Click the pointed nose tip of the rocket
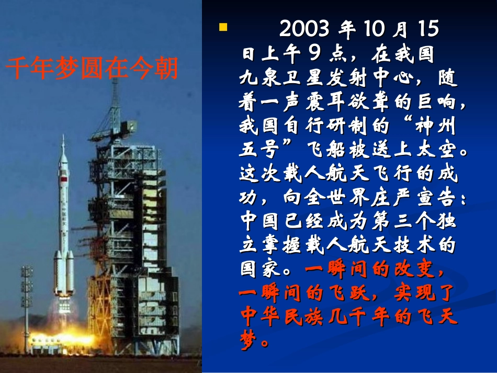[63, 137]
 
